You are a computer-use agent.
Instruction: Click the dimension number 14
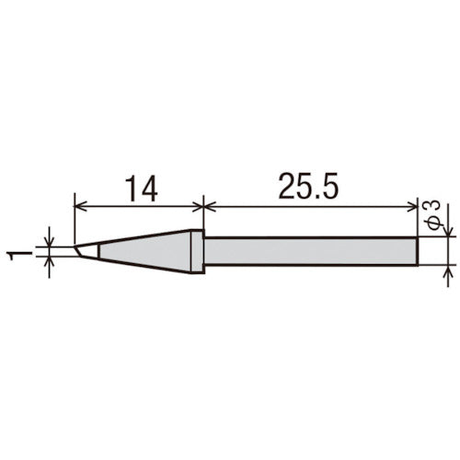pyautogui.click(x=138, y=188)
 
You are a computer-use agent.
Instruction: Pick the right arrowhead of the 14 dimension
pyautogui.click(x=194, y=205)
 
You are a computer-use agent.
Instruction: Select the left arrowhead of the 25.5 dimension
pyautogui.click(x=207, y=205)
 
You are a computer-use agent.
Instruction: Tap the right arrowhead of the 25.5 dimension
pyautogui.click(x=413, y=205)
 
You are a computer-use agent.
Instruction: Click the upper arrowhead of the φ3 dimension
pyautogui.click(x=448, y=229)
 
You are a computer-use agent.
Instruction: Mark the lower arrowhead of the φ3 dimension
pyautogui.click(x=448, y=270)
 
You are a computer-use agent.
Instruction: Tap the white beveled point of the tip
pyautogui.click(x=86, y=249)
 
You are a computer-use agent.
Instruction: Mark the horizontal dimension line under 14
pyautogui.click(x=138, y=205)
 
